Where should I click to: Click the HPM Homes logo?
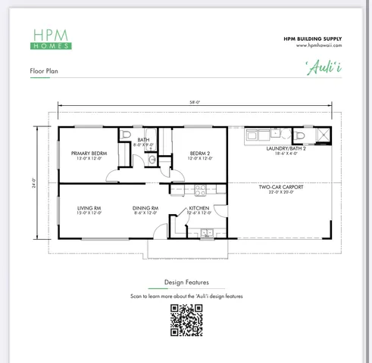52,39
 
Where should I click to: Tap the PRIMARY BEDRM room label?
89,156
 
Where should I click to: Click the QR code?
186,320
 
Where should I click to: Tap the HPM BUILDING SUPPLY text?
312,38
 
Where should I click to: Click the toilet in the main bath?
127,136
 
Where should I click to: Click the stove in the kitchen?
200,190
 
